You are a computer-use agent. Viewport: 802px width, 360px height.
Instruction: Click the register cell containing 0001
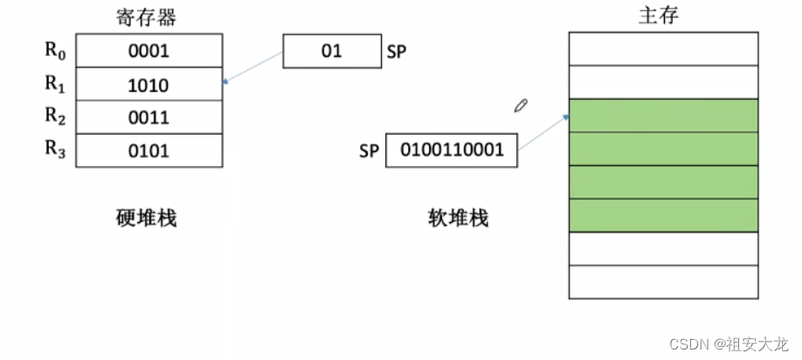[148, 51]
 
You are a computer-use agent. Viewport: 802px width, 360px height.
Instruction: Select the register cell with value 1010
[148, 85]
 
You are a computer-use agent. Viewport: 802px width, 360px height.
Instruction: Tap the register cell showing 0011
[148, 118]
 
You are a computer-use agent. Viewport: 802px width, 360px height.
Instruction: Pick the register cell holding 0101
[148, 151]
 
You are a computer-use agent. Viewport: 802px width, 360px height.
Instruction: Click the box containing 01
[331, 52]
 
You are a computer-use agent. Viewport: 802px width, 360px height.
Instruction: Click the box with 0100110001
[451, 150]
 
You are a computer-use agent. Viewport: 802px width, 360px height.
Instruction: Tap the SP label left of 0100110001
[369, 151]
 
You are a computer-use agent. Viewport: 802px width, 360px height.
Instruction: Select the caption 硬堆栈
[146, 218]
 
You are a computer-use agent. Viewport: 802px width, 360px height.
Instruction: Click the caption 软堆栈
[458, 218]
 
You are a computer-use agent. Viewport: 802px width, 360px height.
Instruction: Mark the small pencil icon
[521, 106]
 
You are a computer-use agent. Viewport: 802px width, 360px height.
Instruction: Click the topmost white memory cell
[663, 49]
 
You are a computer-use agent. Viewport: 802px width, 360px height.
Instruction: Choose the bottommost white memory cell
[663, 281]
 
